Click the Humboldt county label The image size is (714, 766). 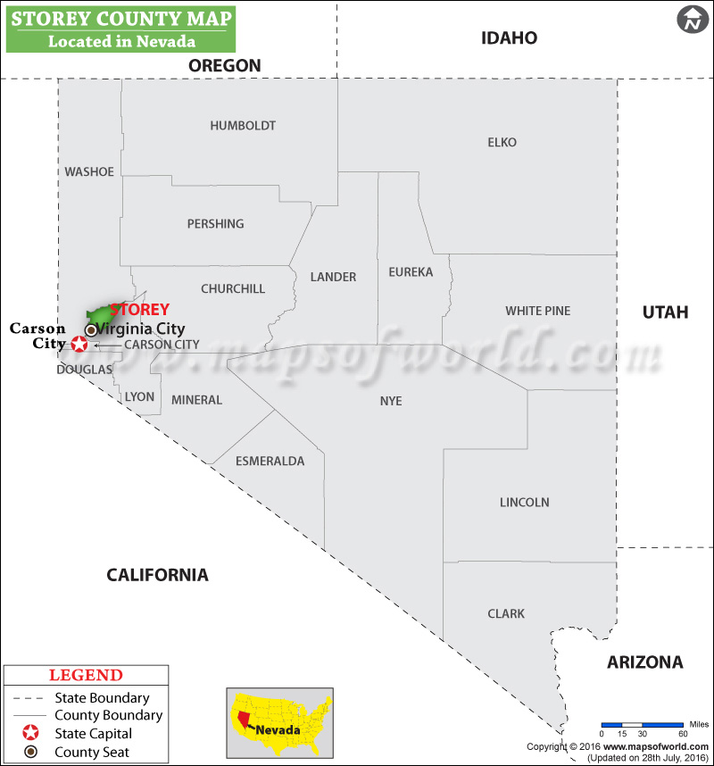coord(243,126)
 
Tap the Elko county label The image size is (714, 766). coord(502,142)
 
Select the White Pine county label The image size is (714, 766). coord(537,311)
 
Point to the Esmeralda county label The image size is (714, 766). coord(270,462)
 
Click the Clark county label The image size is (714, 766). coord(506,614)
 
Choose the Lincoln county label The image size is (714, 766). coord(524,503)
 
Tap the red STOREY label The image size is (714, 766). coord(139,310)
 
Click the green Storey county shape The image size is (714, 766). coord(100,316)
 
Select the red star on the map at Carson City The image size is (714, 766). coord(79,344)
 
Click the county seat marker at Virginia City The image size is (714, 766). coord(90,329)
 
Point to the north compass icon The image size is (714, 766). coord(690,20)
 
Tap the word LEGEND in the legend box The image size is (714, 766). coord(86,676)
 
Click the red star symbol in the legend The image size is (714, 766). coord(30,733)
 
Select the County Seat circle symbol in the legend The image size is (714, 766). coord(30,752)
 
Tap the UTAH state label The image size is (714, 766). coord(665,312)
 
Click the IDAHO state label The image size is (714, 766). coord(509,38)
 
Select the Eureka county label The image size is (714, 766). coord(411,271)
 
